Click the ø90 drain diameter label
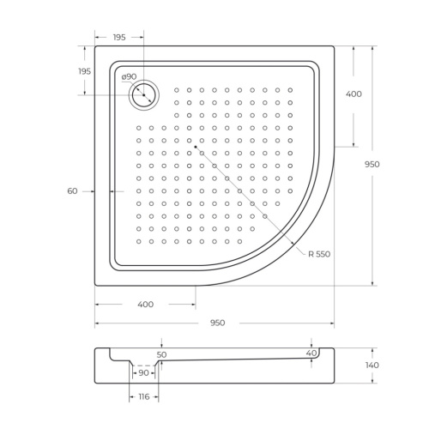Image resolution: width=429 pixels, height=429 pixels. click(130, 77)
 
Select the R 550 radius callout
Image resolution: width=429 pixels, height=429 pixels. click(321, 254)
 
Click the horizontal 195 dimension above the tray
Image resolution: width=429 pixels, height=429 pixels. click(119, 37)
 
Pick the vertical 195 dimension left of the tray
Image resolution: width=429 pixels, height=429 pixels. click(85, 71)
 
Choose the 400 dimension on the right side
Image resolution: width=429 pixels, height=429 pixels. click(353, 94)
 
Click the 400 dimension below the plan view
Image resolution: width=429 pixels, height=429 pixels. click(145, 305)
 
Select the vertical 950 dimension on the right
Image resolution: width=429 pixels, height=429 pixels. click(371, 164)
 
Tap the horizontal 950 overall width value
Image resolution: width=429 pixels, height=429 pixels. click(217, 323)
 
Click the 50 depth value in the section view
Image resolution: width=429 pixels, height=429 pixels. click(162, 354)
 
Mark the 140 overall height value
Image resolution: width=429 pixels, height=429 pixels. click(371, 366)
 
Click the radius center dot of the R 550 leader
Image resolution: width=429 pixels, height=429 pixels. click(196, 147)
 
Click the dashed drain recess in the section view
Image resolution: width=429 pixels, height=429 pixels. click(143, 366)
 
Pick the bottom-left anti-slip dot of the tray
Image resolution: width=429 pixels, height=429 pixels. click(138, 241)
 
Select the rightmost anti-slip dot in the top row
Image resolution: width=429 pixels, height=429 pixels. click(290, 89)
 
